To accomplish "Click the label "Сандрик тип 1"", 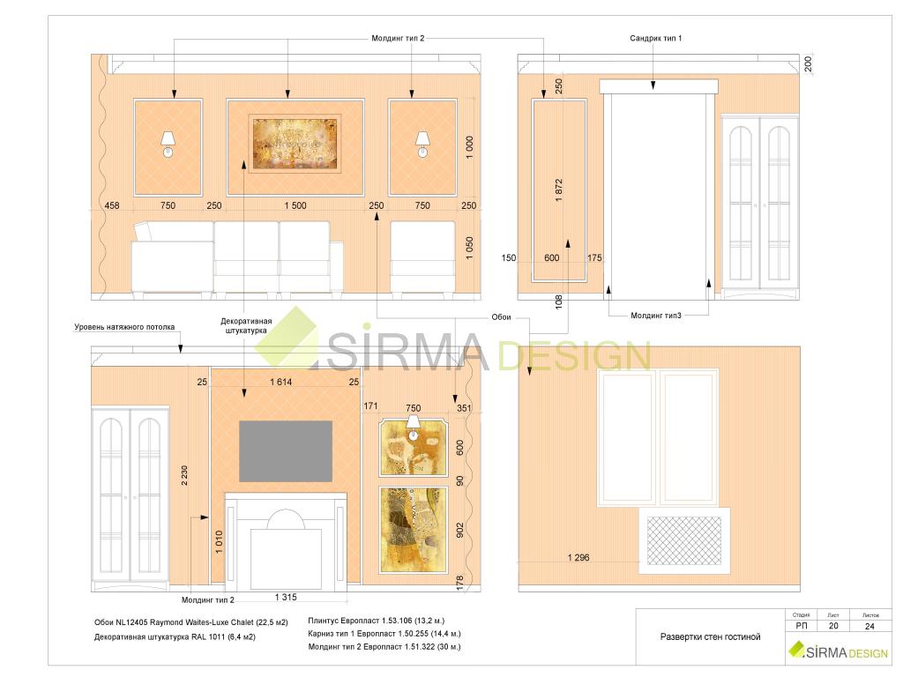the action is [x=655, y=38].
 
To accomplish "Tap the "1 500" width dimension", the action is [x=295, y=205].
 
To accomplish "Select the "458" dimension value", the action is [x=112, y=205].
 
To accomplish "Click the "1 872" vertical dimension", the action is [x=558, y=190].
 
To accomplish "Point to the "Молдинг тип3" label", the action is [x=655, y=316].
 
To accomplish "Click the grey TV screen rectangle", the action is [x=286, y=450].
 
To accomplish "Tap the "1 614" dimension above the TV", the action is [x=281, y=382].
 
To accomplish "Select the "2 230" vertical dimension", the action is [x=184, y=475].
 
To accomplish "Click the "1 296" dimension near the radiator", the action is [x=578, y=557].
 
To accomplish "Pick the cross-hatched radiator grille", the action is [x=684, y=540].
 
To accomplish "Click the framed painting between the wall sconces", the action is [x=295, y=144].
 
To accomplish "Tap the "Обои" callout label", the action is [x=501, y=317].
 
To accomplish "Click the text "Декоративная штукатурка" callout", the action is [x=246, y=326].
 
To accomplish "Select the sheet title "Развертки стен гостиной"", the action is [x=710, y=636].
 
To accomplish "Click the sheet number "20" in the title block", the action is [x=833, y=626].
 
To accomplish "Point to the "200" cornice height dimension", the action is [x=808, y=63].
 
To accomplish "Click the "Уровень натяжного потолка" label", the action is [x=124, y=327].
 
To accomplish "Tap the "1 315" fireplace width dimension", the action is [x=286, y=597].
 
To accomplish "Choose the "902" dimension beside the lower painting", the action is [x=459, y=530].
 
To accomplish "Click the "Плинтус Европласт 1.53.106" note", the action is [x=360, y=621].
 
